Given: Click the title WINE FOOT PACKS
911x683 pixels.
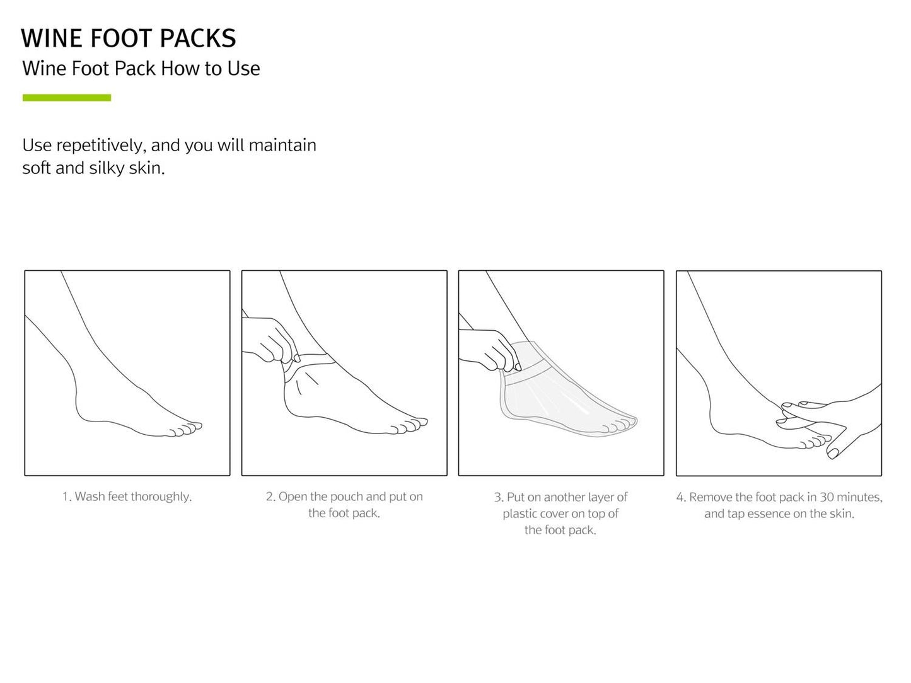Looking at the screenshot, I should point(129,38).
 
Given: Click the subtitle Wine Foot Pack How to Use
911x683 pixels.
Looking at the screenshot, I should point(141,68).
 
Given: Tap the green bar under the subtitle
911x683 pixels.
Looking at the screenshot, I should point(67,98).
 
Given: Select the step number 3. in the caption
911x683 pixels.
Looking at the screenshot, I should point(499,497).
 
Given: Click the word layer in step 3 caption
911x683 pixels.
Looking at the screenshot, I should point(601,497).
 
